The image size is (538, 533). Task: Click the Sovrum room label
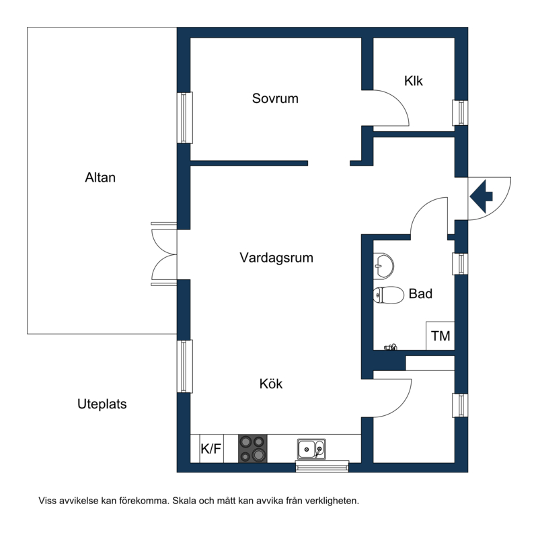pyautogui.click(x=275, y=98)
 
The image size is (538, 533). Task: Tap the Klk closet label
pyautogui.click(x=414, y=81)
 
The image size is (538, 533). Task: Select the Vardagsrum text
pyautogui.click(x=276, y=257)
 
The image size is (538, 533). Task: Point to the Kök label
pyautogui.click(x=271, y=384)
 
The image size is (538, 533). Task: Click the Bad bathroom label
pyautogui.click(x=420, y=293)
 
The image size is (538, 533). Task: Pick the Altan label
pyautogui.click(x=100, y=178)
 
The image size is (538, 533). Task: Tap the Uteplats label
pyautogui.click(x=102, y=404)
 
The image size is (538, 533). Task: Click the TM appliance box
pyautogui.click(x=440, y=336)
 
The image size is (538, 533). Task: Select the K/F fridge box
pyautogui.click(x=210, y=449)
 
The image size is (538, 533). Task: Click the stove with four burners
pyautogui.click(x=253, y=448)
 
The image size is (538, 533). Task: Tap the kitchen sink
pyautogui.click(x=311, y=448)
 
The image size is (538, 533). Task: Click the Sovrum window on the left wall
pyautogui.click(x=184, y=117)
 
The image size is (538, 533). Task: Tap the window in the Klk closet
pyautogui.click(x=461, y=112)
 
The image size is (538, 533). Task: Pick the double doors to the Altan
pyautogui.click(x=164, y=254)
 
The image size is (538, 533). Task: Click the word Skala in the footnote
pyautogui.click(x=186, y=501)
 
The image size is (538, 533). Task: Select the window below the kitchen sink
pyautogui.click(x=323, y=465)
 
